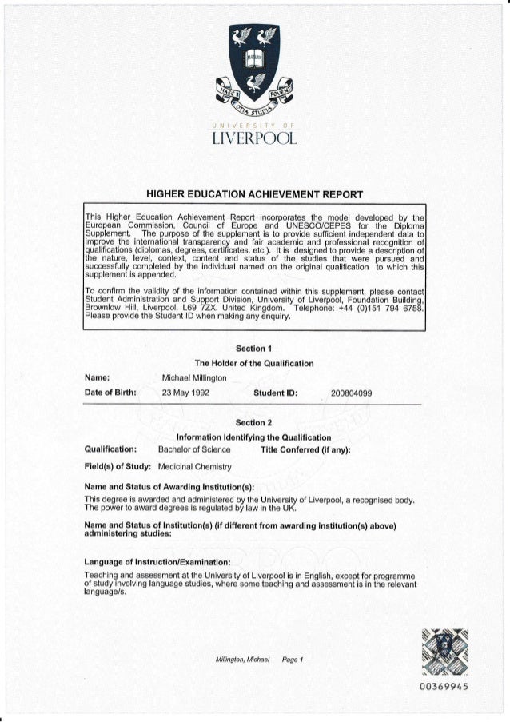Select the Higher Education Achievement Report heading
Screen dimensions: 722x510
pyautogui.click(x=255, y=193)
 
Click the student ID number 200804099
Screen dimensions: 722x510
pyautogui.click(x=357, y=393)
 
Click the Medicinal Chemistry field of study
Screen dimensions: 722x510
pyautogui.click(x=194, y=466)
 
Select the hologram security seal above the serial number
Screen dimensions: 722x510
pyautogui.click(x=452, y=648)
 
